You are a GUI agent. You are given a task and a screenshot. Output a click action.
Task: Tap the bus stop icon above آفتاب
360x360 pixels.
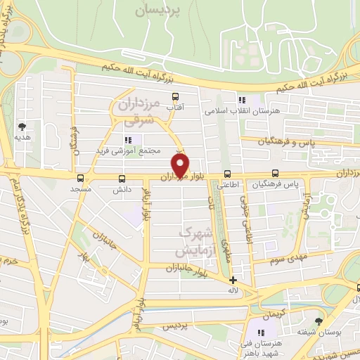(x=175, y=98)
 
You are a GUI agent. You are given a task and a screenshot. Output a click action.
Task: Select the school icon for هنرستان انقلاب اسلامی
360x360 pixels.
(x=242, y=101)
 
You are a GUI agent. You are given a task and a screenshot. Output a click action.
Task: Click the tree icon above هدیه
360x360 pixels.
(x=22, y=127)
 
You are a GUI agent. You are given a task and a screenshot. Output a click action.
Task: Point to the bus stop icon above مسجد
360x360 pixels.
(x=80, y=179)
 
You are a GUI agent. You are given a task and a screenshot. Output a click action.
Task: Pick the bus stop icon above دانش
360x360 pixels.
(x=122, y=179)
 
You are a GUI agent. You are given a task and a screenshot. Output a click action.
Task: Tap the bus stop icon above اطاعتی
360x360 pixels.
(x=226, y=174)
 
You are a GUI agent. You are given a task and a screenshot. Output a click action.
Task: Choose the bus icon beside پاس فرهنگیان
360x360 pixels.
(x=275, y=174)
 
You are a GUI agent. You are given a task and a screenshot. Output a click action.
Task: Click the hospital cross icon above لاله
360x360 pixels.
(x=233, y=280)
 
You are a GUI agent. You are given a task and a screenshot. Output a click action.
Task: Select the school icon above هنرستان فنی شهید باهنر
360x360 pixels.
(x=261, y=332)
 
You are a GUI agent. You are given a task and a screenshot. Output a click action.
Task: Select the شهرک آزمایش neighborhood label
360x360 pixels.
(x=190, y=241)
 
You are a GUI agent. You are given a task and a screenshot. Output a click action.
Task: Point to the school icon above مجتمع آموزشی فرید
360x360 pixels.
(x=127, y=140)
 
